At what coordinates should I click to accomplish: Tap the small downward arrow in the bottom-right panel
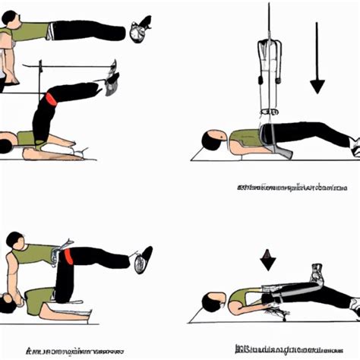coord(268,263)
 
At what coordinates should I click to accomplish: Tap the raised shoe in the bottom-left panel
coord(141,260)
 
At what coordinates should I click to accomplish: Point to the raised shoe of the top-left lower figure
coord(112,77)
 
